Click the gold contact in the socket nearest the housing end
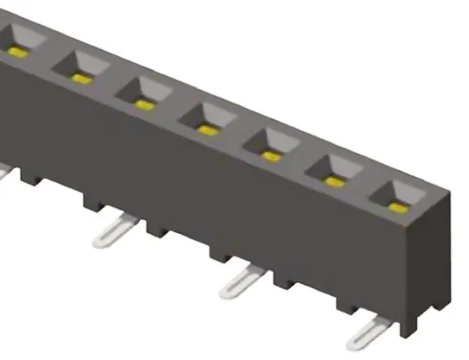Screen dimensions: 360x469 (x=396, y=207)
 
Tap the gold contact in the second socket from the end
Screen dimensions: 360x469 (x=333, y=181)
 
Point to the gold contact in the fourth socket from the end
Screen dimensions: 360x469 (x=206, y=130)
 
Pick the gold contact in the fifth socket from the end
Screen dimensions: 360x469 (x=143, y=104)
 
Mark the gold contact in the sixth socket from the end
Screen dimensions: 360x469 (x=81, y=79)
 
